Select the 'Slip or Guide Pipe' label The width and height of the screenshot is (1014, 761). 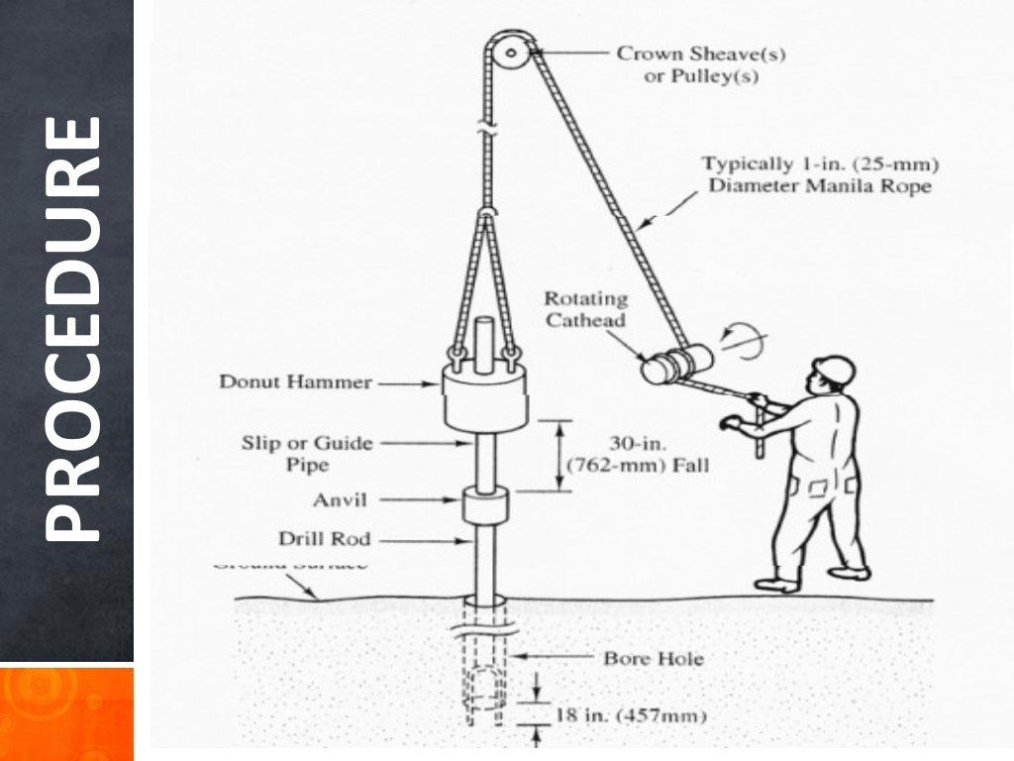click(307, 453)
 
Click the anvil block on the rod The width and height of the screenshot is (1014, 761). click(484, 505)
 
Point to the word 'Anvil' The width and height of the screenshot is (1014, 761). click(340, 500)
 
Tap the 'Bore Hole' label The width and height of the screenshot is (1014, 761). click(654, 657)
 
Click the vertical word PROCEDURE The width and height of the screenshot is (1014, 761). click(72, 329)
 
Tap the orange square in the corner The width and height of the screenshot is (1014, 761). click(66, 713)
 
